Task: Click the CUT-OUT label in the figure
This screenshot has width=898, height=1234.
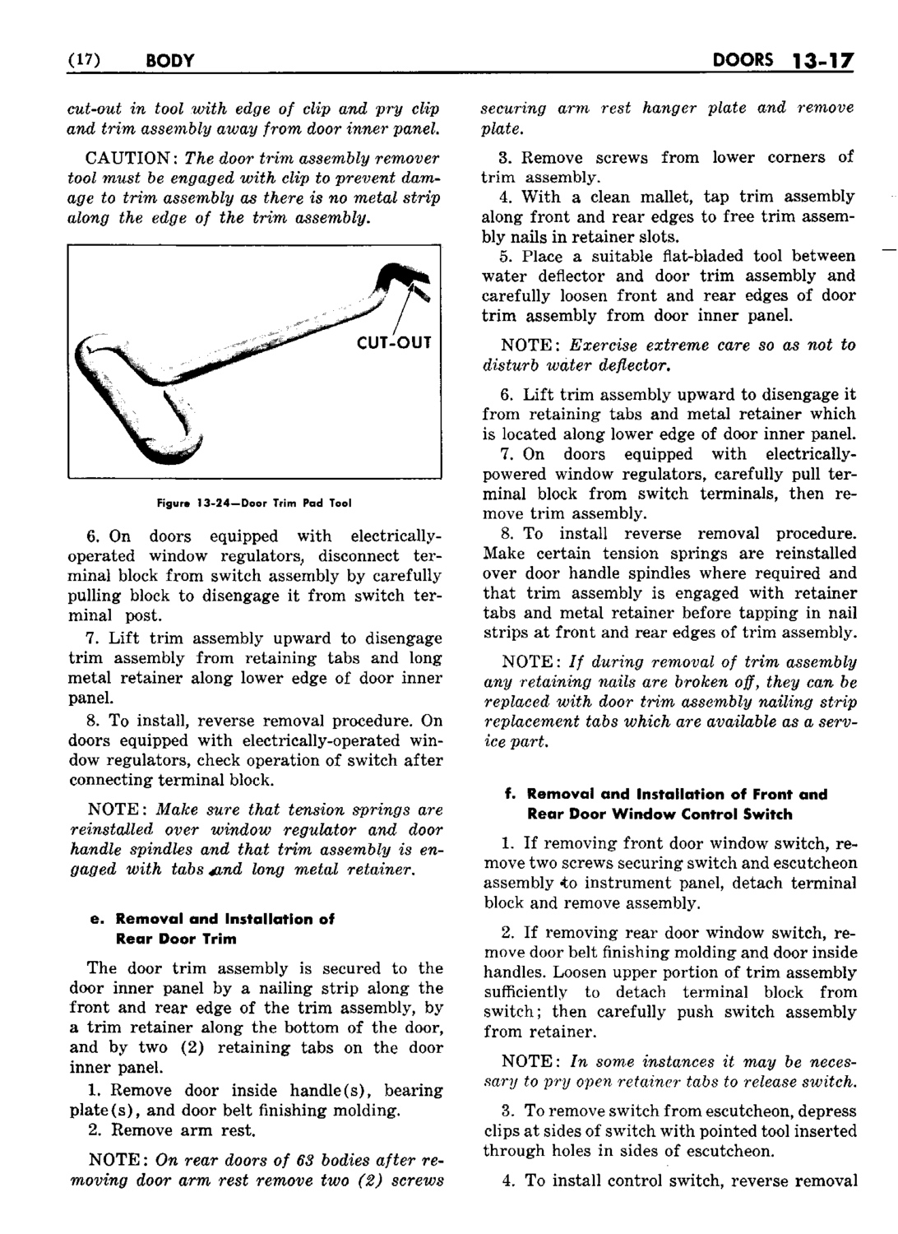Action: coord(395,342)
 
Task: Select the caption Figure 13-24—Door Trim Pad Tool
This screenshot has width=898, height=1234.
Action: coord(254,503)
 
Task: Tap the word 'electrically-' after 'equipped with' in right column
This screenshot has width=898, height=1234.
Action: coord(810,454)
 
